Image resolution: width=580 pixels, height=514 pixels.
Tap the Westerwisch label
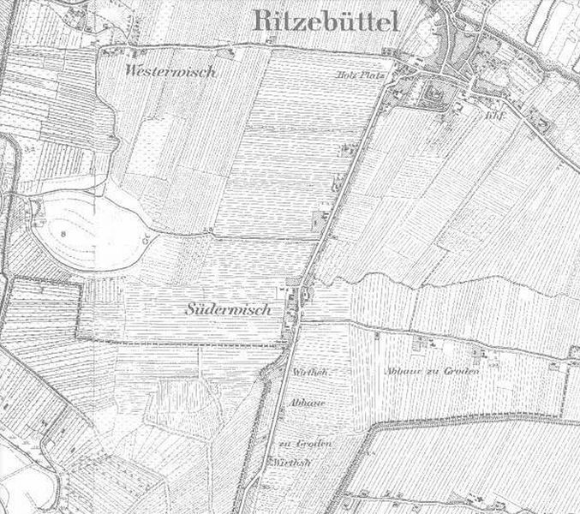click(169, 72)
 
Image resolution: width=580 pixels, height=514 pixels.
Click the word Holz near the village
click(343, 74)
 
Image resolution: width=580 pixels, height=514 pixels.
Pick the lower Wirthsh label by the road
click(291, 463)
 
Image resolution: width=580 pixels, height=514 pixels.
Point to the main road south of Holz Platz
click(351, 163)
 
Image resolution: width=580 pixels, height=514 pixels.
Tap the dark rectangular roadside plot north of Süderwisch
click(321, 220)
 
